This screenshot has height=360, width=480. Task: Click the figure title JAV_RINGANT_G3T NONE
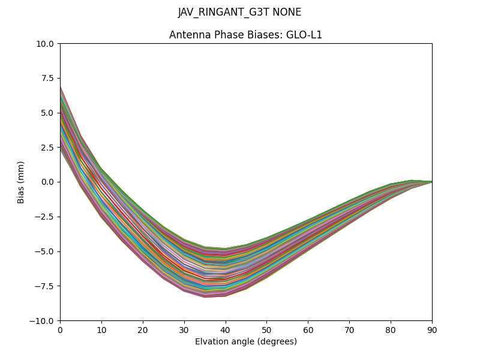239,13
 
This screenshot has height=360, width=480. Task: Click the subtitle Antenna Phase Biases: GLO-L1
245,35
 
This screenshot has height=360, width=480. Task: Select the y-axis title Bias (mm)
21,182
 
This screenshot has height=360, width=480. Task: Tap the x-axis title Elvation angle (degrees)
245,341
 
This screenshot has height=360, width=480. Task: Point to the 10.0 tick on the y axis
46,44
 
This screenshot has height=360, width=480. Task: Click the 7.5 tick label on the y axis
48,79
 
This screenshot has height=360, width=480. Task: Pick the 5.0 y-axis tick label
48,113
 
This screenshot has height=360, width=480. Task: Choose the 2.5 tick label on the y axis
48,148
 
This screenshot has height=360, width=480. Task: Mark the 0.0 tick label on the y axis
48,182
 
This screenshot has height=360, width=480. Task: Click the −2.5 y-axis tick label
46,217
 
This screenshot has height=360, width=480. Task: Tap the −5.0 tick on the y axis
46,251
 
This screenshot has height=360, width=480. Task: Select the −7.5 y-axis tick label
46,286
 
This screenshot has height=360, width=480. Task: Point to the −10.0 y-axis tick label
43,320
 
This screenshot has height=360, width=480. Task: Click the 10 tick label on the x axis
101,329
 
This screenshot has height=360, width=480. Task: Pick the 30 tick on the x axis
184,329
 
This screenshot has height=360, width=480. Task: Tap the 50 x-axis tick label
266,329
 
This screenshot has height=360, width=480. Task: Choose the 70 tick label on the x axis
349,329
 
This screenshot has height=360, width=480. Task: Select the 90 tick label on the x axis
432,329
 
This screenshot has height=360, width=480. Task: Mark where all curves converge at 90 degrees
431,182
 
